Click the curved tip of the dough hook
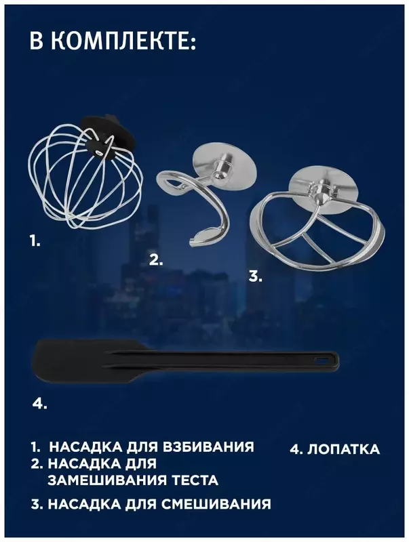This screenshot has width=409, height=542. click(x=201, y=236)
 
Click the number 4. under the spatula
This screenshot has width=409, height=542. click(x=39, y=403)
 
